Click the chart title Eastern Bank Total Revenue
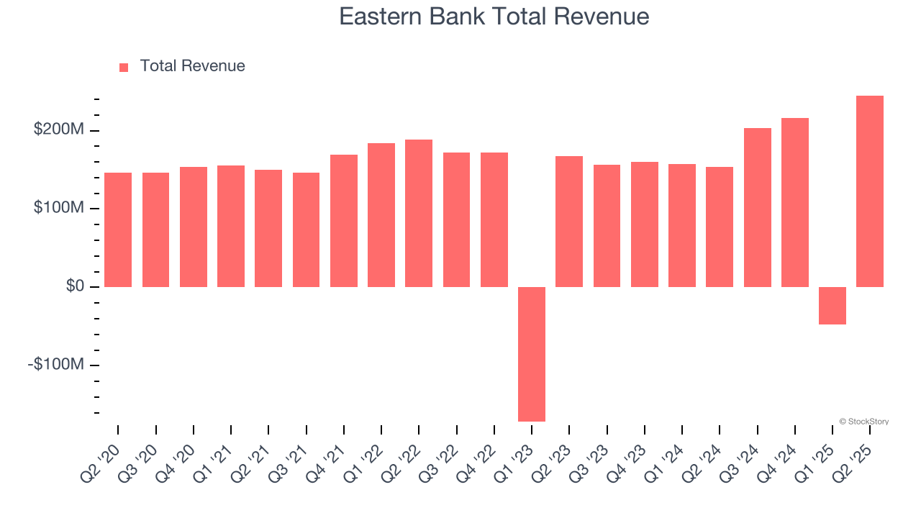[x=494, y=17]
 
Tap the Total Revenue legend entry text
[x=192, y=66]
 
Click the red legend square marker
[x=124, y=67]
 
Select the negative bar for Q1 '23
[x=532, y=354]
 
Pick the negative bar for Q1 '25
[x=832, y=306]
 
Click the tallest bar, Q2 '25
[x=870, y=191]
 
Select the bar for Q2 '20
[x=118, y=230]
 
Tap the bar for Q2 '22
[x=419, y=213]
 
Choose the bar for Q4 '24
[x=795, y=202]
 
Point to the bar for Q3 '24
[x=757, y=207]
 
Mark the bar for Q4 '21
[x=344, y=221]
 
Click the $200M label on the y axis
[x=59, y=130]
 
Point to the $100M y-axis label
[x=59, y=209]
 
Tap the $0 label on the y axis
[x=75, y=286]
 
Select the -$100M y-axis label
[x=56, y=365]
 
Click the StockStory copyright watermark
[x=864, y=422]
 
